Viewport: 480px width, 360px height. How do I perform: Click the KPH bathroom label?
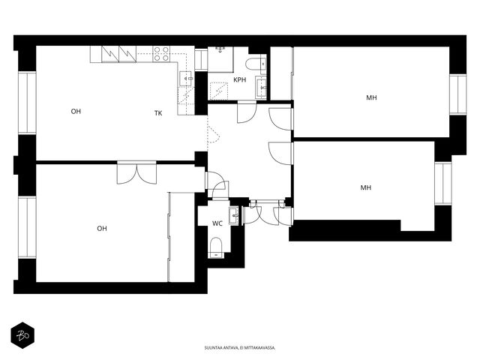coord(240,80)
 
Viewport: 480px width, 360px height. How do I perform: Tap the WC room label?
coord(217,223)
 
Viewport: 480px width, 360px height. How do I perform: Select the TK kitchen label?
coord(158,113)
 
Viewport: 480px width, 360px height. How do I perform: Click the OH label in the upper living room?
coord(76,112)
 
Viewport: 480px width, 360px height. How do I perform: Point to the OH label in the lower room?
coord(102,229)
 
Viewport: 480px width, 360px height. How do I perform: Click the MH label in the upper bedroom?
coord(372,97)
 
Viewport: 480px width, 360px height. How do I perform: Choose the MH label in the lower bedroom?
coord(366,187)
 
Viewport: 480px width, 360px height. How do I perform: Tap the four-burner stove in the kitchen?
coord(161,54)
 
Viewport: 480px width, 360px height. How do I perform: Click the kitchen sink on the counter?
coord(186,79)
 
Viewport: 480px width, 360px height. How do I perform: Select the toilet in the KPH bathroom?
coord(256,64)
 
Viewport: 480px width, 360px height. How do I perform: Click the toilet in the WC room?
coord(216,247)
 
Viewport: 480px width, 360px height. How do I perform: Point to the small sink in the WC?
coord(233,215)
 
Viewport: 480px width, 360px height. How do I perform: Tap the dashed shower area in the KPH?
coord(218,91)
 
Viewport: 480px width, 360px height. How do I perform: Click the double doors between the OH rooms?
coord(136,173)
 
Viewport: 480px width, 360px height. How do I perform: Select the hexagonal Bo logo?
coord(22,335)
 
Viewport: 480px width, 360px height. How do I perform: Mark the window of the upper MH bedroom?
coord(458,94)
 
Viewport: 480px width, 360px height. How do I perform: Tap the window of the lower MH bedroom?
coord(443,183)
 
